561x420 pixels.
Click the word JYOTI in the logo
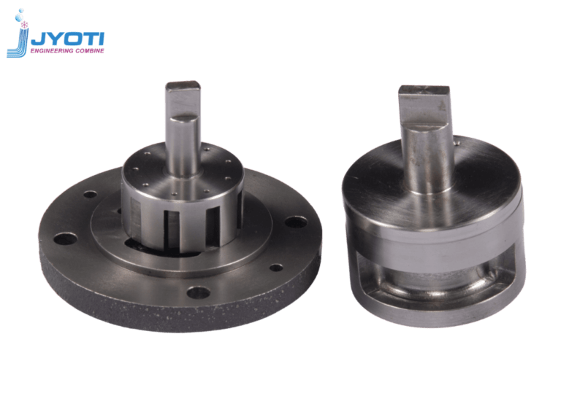click(70, 39)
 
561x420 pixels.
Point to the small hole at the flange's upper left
click(90, 195)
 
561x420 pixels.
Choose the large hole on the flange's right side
click(296, 221)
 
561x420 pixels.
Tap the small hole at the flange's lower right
click(276, 268)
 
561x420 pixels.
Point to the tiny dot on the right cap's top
click(457, 144)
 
